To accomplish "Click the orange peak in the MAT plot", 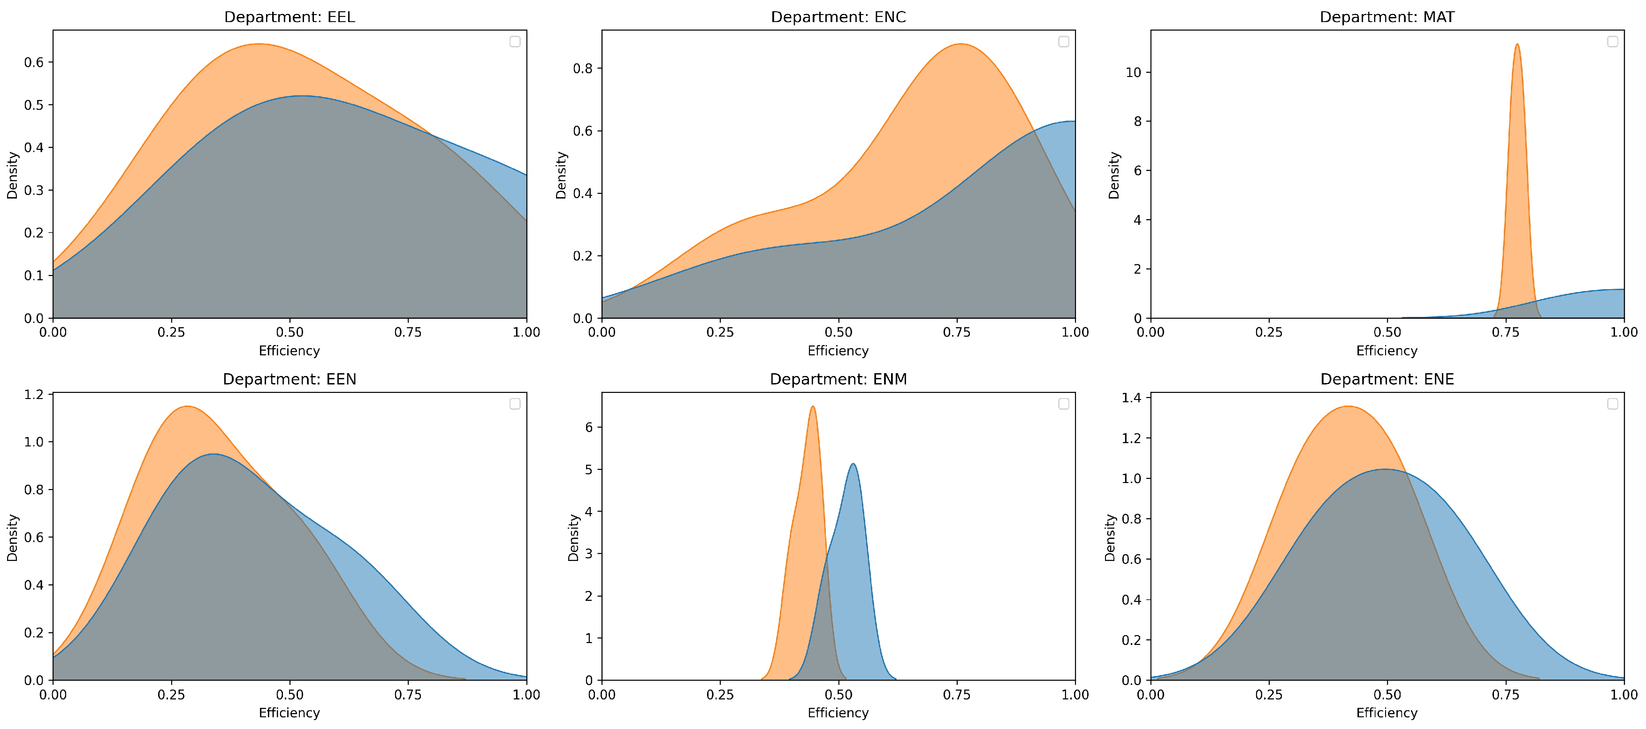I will click(1517, 45).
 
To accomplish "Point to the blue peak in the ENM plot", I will click(853, 464).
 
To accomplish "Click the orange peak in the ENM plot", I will click(812, 407).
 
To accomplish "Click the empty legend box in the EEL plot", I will click(515, 42).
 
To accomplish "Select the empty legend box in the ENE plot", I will click(1612, 404).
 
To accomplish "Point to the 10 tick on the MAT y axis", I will click(1134, 72).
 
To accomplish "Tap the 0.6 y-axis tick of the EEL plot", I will click(34, 62).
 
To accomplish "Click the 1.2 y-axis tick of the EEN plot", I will click(34, 395).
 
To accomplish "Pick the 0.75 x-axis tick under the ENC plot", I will click(957, 332).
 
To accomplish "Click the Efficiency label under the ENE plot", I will click(1387, 713).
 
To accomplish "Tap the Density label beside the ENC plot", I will click(561, 175).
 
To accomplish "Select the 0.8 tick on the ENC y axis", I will click(583, 69).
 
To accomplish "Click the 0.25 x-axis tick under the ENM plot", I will click(720, 694).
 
